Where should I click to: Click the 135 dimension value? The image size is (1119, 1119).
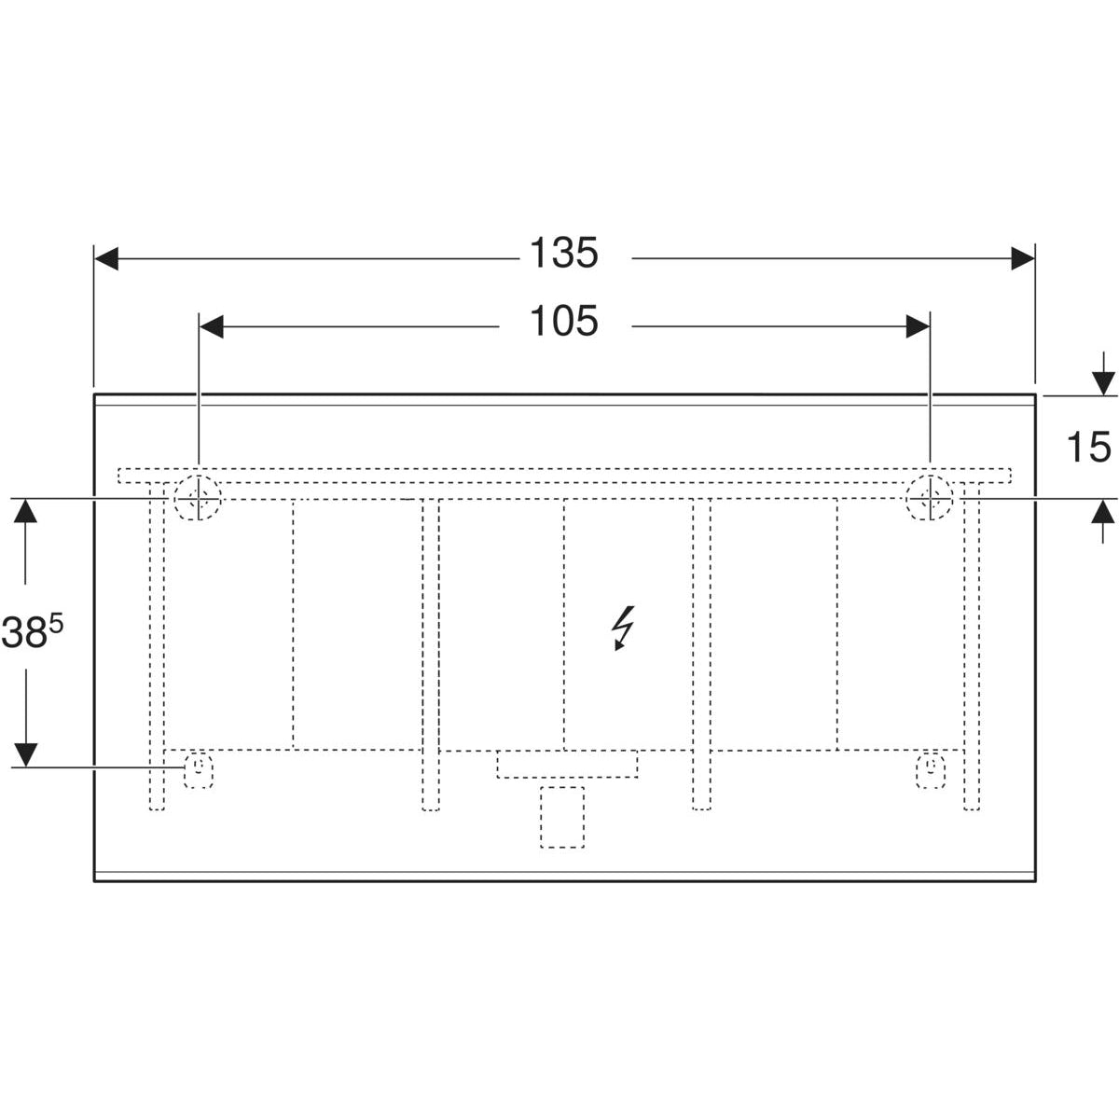pos(563,254)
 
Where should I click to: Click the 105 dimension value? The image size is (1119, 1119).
pos(563,322)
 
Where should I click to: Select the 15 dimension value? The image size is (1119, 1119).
pos(1087,448)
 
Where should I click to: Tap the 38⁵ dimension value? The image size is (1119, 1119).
pos(33,633)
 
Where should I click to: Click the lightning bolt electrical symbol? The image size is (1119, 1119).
pos(623,627)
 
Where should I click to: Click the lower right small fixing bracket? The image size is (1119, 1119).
pos(931,769)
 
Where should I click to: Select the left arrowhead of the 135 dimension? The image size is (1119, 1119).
pos(106,259)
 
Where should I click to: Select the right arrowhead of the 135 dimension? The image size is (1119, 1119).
pos(1023,259)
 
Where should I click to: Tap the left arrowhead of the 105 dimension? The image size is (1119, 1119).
pos(212,326)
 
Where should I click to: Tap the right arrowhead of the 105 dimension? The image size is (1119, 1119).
pos(918,326)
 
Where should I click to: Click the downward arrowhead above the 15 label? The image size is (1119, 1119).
pos(1103,382)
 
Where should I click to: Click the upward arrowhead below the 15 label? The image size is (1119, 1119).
pos(1103,512)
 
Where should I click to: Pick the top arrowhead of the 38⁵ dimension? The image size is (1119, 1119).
pos(26,511)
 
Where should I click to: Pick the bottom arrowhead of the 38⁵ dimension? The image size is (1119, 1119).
pos(26,753)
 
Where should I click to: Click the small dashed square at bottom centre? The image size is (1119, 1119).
pos(562,817)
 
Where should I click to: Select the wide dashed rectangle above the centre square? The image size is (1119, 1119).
pos(567,764)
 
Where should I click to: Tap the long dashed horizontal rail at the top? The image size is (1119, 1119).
pos(563,475)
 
